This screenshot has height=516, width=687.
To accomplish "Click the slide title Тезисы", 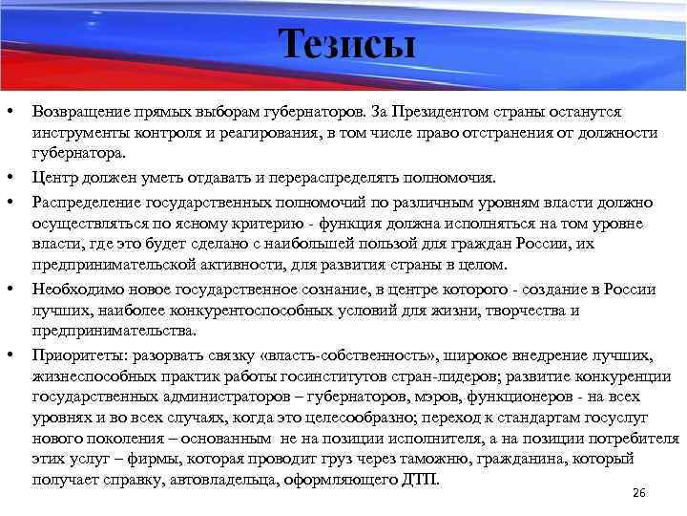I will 347,44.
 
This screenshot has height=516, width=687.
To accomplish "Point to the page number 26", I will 639,492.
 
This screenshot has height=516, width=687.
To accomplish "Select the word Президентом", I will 461,113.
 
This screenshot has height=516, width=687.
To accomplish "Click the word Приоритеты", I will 80,355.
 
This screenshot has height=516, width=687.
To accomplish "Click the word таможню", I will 426,458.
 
